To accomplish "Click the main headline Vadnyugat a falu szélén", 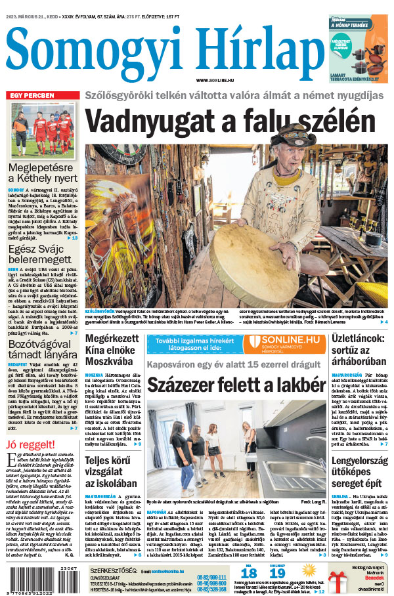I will [229, 122].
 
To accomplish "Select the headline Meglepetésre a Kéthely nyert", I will [42, 173].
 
